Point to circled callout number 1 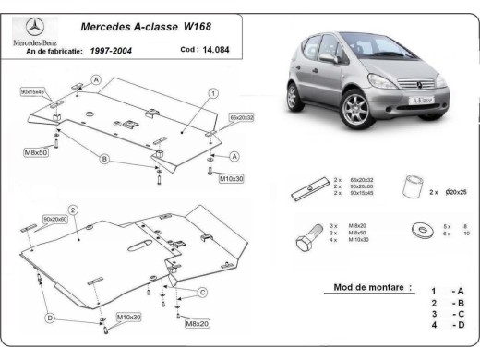213,93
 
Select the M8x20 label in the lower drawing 197,323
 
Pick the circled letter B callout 104,159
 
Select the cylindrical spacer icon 412,185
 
